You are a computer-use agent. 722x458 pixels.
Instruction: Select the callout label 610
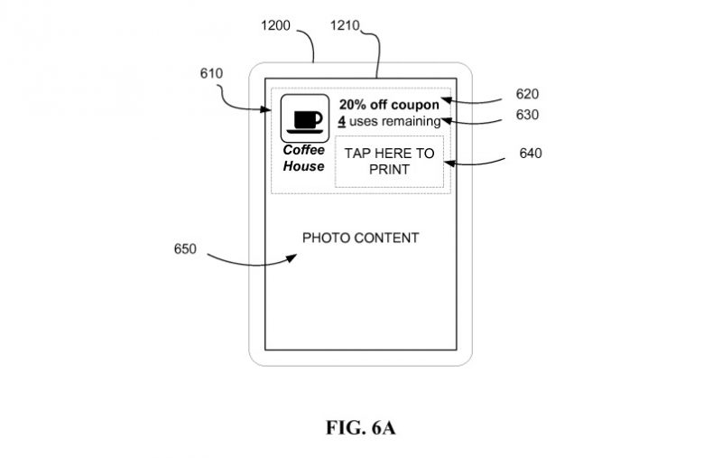tap(212, 73)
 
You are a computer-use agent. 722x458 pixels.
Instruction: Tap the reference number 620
tap(529, 92)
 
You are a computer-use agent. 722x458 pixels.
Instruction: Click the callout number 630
tap(529, 115)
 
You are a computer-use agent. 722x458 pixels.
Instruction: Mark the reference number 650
tap(186, 248)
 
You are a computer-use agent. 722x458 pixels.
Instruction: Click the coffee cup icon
tap(303, 118)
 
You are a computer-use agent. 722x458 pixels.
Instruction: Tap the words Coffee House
tap(303, 158)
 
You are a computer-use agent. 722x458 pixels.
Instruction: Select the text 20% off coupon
tap(389, 104)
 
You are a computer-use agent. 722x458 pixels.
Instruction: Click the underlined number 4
tap(342, 121)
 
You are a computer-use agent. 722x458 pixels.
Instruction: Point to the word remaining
tap(411, 121)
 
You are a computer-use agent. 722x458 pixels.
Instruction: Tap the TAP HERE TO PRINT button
tap(389, 162)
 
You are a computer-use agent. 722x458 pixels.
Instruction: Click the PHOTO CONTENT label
tap(360, 238)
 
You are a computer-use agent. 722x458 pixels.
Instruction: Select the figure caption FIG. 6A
tap(360, 427)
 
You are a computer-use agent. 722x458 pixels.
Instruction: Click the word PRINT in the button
tap(389, 170)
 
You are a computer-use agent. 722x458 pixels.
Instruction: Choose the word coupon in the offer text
tap(417, 104)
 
